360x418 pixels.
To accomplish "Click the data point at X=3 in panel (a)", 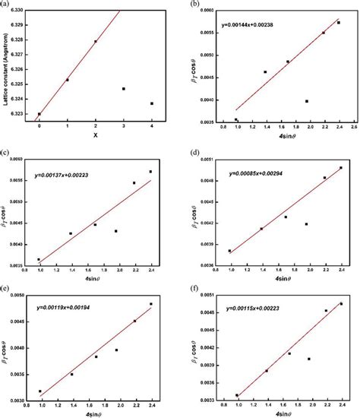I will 124,89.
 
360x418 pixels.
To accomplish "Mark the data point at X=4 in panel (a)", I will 152,103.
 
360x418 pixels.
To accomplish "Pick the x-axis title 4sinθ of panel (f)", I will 278,413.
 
